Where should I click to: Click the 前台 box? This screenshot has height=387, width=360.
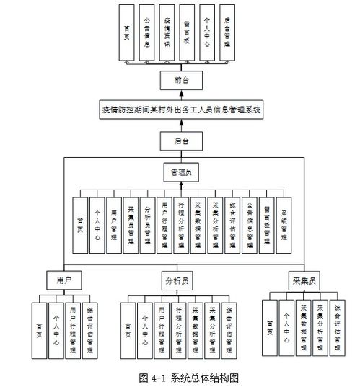click(x=181, y=80)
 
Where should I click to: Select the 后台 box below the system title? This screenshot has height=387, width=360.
click(x=181, y=141)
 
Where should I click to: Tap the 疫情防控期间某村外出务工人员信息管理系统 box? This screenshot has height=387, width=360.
click(x=181, y=110)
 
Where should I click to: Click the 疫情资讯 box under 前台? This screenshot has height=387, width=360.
click(x=167, y=32)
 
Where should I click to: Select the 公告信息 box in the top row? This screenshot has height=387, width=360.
click(x=146, y=32)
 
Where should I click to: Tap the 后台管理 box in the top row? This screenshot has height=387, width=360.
click(x=227, y=32)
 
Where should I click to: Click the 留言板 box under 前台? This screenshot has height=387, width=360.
click(x=187, y=32)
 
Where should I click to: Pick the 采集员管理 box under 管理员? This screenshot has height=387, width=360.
click(x=130, y=225)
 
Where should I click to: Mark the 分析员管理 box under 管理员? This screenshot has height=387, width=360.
click(x=147, y=225)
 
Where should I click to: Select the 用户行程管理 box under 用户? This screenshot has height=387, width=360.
click(x=73, y=327)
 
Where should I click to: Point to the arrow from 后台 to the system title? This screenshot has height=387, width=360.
click(x=181, y=125)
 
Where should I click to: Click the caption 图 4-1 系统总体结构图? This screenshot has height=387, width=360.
click(x=188, y=377)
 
